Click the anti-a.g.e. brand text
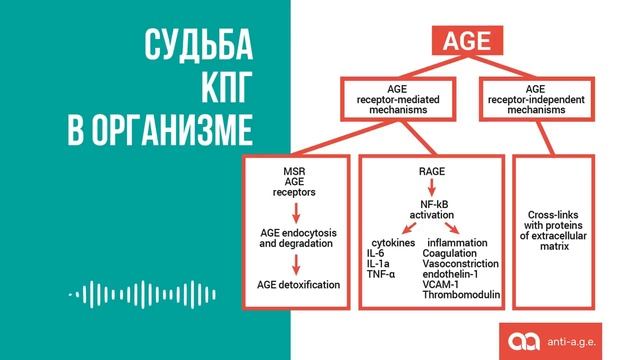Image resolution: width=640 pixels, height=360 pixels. click(x=586, y=342)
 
